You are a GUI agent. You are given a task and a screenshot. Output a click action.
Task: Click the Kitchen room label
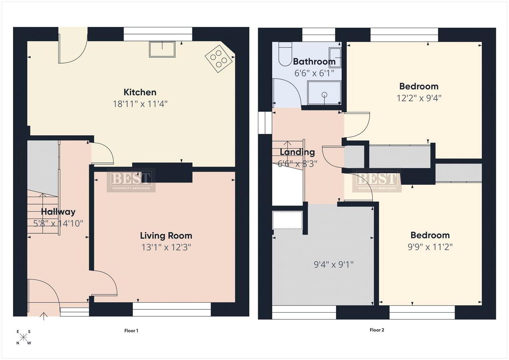pos(140,92)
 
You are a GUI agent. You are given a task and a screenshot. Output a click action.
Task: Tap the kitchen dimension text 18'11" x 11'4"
pos(140,104)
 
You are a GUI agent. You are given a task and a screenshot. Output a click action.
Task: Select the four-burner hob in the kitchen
pos(219,59)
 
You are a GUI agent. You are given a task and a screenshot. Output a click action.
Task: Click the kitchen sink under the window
pos(162,49)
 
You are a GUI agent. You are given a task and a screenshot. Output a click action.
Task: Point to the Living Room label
pos(166,236)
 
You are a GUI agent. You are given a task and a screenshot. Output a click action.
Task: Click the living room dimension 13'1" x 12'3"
pos(166,247)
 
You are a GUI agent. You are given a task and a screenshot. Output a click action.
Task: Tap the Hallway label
pos(58,212)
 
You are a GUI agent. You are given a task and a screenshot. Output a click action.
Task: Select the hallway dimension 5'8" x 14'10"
pos(58,224)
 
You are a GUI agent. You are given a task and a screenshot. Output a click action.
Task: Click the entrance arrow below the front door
pos(44,316)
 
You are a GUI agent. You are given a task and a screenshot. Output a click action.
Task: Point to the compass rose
pos(23,337)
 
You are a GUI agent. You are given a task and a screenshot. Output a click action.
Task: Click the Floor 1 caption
pos(131,331)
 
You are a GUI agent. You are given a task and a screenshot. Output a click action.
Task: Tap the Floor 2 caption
pos(377,330)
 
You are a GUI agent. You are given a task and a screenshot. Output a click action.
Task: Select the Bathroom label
pos(314,62)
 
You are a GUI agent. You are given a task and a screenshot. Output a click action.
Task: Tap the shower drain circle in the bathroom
pos(324,95)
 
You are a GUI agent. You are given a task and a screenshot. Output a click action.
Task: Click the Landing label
pos(297,152)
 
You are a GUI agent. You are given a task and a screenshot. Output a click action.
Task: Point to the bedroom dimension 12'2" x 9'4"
pos(419,98)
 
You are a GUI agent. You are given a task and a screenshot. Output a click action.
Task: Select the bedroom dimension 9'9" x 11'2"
pos(430,247)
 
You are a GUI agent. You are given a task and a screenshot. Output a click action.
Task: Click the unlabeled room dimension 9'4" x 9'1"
pos(334,265)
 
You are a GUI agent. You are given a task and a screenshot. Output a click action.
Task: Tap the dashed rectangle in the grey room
pos(287,220)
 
